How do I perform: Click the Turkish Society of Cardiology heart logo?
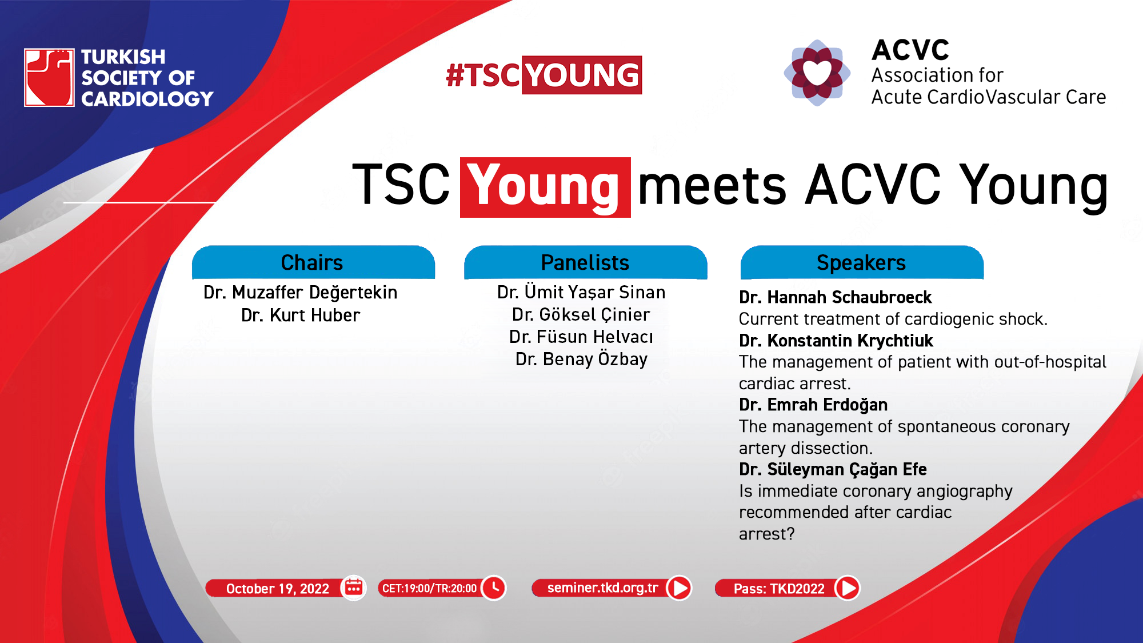(49, 78)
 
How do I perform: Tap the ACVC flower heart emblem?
(817, 73)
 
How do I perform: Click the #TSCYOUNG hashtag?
(543, 75)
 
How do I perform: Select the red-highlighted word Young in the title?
(545, 187)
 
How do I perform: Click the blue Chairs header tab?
(313, 262)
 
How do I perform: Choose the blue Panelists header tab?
(585, 262)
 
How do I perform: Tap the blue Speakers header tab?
(862, 262)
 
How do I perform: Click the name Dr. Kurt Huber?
(301, 315)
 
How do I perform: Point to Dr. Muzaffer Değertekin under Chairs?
(301, 293)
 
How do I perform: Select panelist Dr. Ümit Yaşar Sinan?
(581, 292)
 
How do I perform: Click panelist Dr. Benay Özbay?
(581, 359)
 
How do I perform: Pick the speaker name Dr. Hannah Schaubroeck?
(835, 297)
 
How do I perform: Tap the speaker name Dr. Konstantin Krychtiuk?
(836, 341)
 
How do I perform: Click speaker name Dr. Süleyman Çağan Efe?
(833, 469)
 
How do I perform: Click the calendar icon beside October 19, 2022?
(354, 588)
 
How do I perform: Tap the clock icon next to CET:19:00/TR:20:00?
(494, 588)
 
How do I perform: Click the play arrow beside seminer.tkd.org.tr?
(679, 588)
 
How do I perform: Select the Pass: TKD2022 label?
(779, 589)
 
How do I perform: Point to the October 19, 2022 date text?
(278, 589)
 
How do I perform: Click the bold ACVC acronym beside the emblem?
(910, 50)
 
